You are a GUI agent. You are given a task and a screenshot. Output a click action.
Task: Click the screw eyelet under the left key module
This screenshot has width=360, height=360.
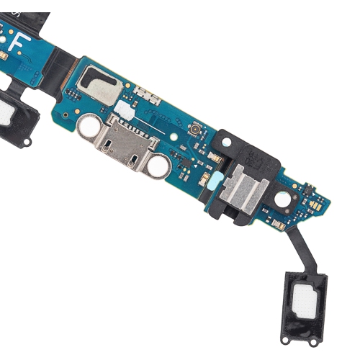[27, 142]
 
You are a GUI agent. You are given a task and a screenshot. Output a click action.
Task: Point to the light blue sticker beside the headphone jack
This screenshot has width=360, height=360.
[206, 178]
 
